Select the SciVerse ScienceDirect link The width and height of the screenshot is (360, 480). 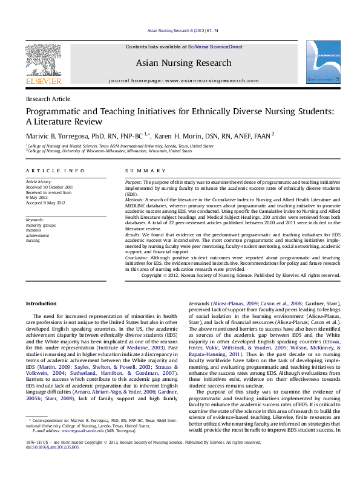tap(215, 47)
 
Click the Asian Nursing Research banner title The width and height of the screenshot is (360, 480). tap(183, 63)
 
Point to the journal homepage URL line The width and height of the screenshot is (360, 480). tap(183, 80)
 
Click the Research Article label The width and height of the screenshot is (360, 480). tap(48, 99)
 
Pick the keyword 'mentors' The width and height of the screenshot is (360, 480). tap(34, 229)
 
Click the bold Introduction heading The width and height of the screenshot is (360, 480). tap(42, 303)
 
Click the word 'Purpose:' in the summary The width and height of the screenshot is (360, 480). tap(134, 182)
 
